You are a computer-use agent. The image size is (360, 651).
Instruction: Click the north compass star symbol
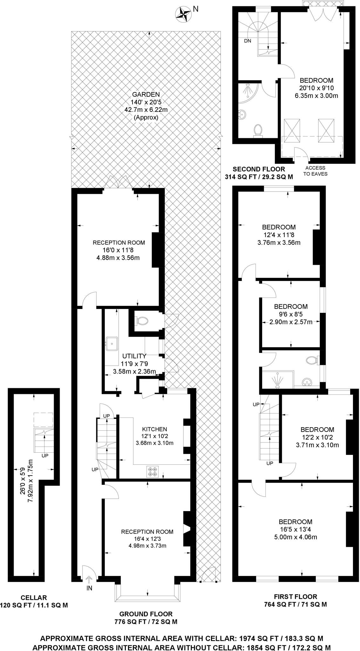[183, 14]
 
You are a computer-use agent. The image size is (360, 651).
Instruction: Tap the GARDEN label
[146, 94]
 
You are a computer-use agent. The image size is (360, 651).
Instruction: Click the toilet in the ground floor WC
[141, 321]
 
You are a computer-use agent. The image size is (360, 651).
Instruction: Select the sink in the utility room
[112, 343]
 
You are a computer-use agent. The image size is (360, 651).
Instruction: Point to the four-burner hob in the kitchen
[152, 471]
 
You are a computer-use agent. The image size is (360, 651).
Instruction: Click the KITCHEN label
[154, 429]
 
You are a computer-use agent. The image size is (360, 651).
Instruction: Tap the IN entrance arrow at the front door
[89, 580]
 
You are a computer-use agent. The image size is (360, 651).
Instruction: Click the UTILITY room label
[134, 356]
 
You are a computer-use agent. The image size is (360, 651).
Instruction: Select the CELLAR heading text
[34, 597]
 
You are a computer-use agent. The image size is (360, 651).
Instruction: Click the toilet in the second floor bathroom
[258, 130]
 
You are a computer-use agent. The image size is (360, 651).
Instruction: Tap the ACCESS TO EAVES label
[315, 171]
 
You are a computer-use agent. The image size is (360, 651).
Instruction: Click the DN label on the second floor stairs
[248, 41]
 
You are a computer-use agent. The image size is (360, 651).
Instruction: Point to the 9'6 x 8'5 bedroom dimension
[291, 314]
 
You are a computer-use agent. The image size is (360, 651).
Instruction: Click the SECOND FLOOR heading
[259, 169]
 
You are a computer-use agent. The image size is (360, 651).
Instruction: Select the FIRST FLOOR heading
[295, 596]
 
